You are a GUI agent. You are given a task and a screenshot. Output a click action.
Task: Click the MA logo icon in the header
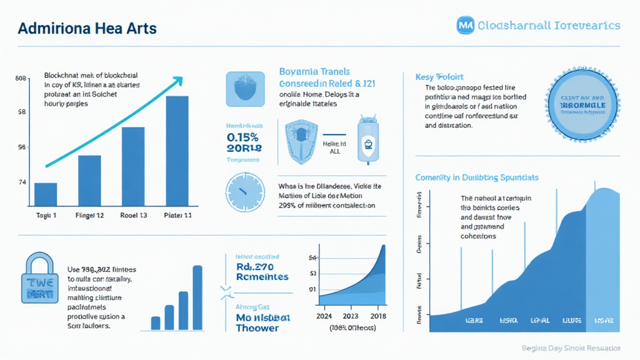tap(466, 25)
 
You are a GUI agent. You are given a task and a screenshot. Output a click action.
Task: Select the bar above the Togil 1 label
tap(46, 194)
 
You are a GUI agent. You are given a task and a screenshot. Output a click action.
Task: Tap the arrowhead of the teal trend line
tap(179, 80)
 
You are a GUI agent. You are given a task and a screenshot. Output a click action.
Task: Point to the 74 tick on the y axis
tap(21, 182)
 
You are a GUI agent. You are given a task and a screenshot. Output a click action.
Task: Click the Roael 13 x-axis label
tap(133, 216)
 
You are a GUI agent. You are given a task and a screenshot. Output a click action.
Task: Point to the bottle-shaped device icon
tap(367, 142)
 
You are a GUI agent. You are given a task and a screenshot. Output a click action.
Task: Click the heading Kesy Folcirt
tap(439, 77)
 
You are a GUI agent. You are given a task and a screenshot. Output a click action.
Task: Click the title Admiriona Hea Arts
tap(87, 29)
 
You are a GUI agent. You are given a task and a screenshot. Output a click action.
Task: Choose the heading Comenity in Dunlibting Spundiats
tap(477, 177)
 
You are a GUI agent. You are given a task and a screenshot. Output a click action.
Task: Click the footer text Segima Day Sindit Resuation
tap(571, 348)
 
